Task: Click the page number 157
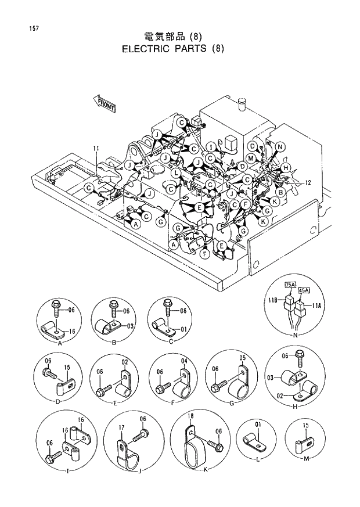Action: click(29, 28)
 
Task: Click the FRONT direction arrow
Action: click(105, 104)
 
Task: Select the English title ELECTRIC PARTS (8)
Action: click(172, 49)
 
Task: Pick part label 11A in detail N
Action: click(317, 305)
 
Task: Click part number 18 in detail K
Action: click(190, 416)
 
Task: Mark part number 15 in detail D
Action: click(67, 367)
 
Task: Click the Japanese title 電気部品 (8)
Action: click(172, 36)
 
